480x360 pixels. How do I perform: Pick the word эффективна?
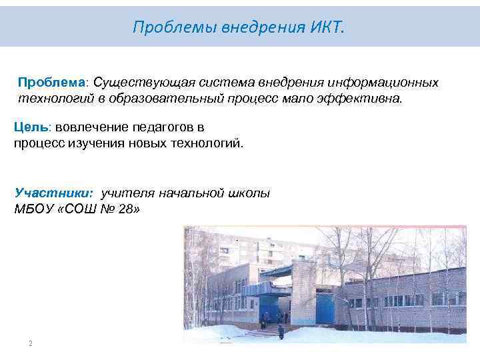pos(371,99)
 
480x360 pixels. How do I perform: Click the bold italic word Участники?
pos(54,193)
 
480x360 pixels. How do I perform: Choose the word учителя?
pos(127,193)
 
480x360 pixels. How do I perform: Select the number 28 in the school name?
pos(126,209)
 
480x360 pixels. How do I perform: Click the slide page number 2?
pos(31,343)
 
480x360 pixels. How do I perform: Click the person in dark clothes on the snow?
pos(281,331)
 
